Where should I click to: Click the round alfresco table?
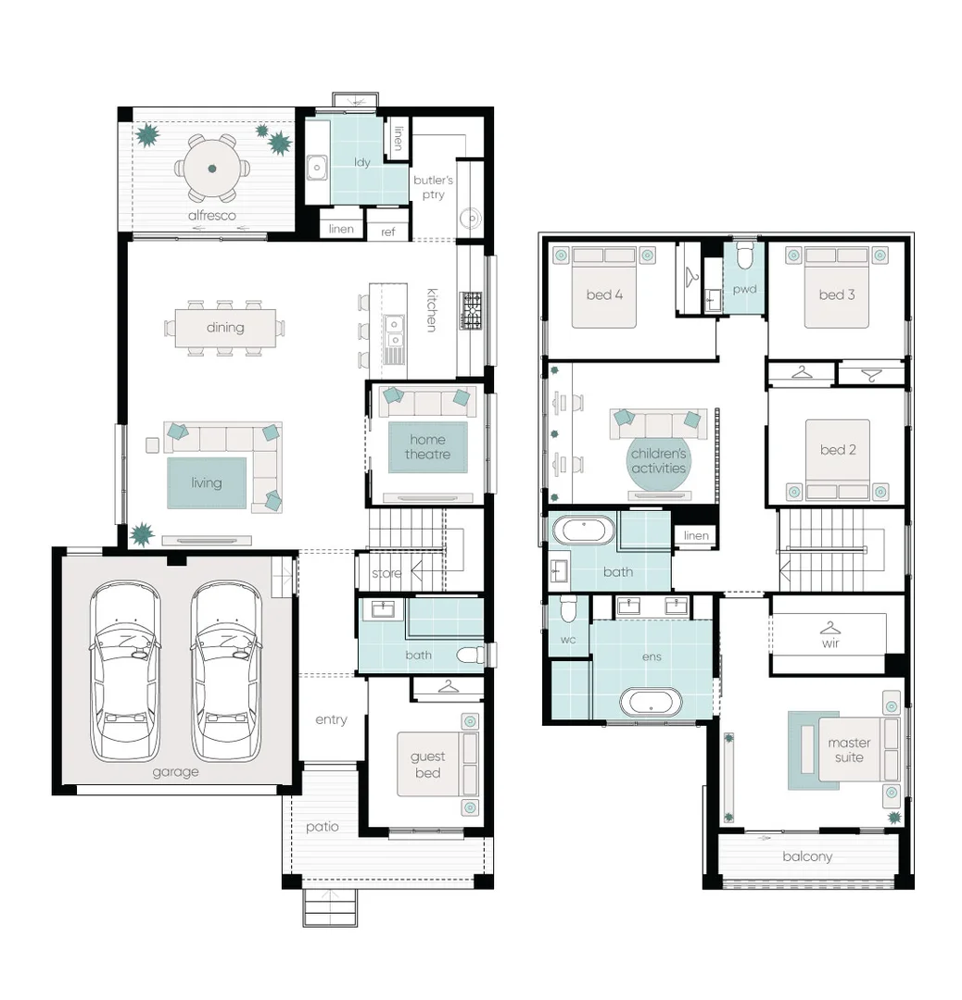tap(212, 168)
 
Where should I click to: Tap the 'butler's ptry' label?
tap(433, 187)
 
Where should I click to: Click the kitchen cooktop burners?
tap(472, 311)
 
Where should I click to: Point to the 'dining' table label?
tap(225, 327)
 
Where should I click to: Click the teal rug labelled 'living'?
tap(207, 482)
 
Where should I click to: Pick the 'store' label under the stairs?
tap(386, 574)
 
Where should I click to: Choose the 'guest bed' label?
tap(427, 765)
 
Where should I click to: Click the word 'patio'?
tap(322, 827)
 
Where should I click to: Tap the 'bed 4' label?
tap(603, 294)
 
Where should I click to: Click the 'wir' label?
tap(829, 643)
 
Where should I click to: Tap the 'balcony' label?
tap(806, 856)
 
